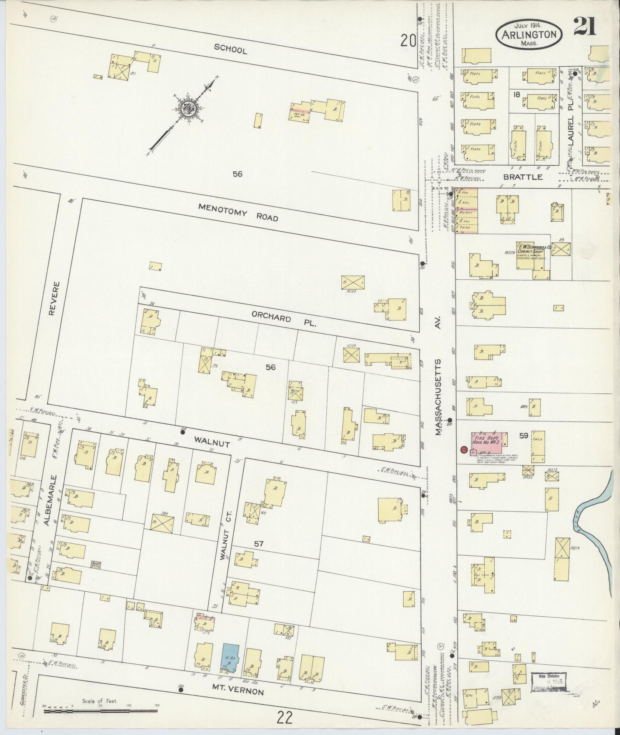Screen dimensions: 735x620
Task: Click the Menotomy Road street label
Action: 238,212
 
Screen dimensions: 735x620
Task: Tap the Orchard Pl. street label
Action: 284,319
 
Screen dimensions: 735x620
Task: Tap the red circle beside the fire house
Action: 464,450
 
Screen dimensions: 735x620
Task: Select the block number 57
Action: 259,544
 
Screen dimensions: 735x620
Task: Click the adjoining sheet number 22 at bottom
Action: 284,717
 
